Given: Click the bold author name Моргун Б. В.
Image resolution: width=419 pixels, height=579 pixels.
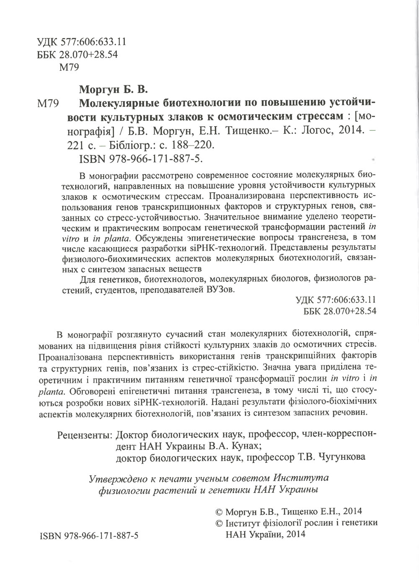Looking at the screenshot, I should coord(114,90).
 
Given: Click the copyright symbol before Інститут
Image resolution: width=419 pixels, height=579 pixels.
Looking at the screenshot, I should coord(218,523).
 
